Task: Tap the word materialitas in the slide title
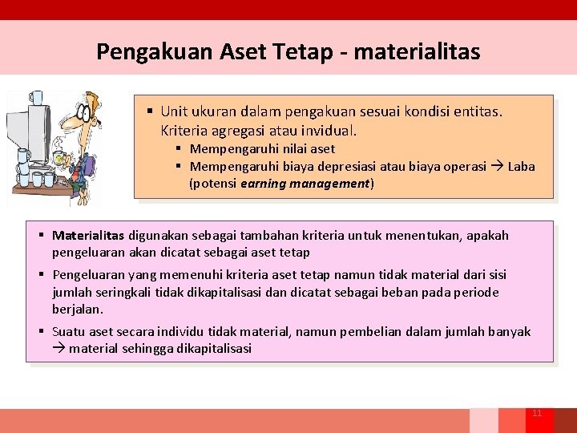[x=417, y=52]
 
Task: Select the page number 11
[x=537, y=413]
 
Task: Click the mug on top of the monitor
[x=36, y=98]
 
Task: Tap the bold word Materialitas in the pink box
[x=88, y=236]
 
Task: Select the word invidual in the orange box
[x=328, y=130]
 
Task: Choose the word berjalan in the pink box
[x=78, y=309]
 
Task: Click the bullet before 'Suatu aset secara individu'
[x=41, y=332]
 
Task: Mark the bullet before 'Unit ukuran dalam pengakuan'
[x=150, y=111]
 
